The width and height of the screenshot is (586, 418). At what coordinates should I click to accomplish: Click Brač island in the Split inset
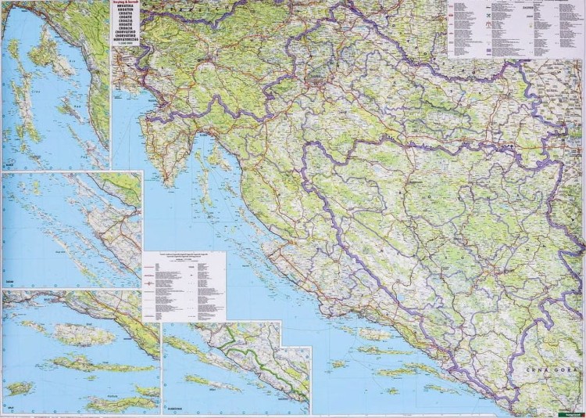[x=85, y=335]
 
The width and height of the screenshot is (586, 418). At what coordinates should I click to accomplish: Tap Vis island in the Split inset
[x=20, y=388]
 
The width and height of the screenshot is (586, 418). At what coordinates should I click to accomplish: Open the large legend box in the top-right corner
[x=515, y=28]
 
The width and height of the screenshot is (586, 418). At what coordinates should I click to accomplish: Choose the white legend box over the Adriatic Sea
[x=184, y=286]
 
